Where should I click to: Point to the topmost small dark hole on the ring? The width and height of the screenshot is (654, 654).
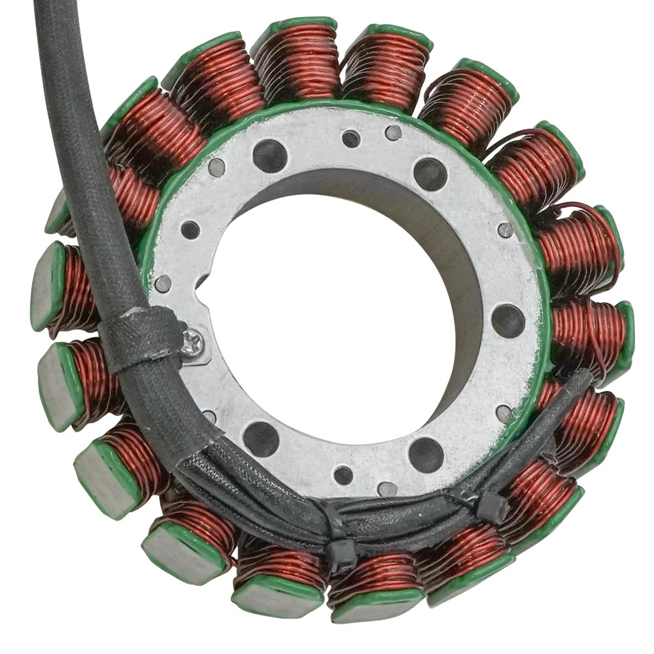point(351,139)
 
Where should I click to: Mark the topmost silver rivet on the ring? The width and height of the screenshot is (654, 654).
point(393,133)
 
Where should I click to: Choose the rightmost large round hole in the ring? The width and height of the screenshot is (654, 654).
point(508,320)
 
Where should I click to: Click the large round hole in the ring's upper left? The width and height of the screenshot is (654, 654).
point(270,156)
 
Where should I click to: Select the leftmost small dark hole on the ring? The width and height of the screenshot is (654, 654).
point(190,230)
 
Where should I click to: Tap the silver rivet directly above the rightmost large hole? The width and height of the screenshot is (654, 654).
point(506,230)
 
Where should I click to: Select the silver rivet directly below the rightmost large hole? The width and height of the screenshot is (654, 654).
point(504,413)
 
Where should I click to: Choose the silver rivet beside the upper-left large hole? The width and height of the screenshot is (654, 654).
point(216,169)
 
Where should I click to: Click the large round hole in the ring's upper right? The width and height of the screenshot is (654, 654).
point(430,174)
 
